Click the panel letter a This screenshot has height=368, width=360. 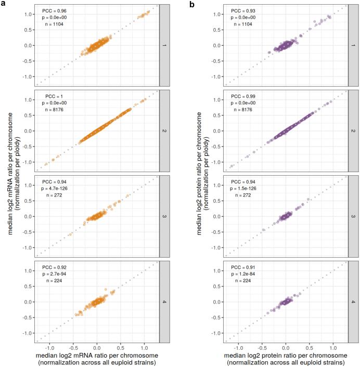[3, 4]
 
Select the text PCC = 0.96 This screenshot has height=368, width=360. [55, 10]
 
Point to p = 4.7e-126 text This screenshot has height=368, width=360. [59, 189]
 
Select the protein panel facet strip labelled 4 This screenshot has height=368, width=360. [353, 301]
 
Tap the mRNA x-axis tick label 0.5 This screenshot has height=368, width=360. [121, 346]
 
